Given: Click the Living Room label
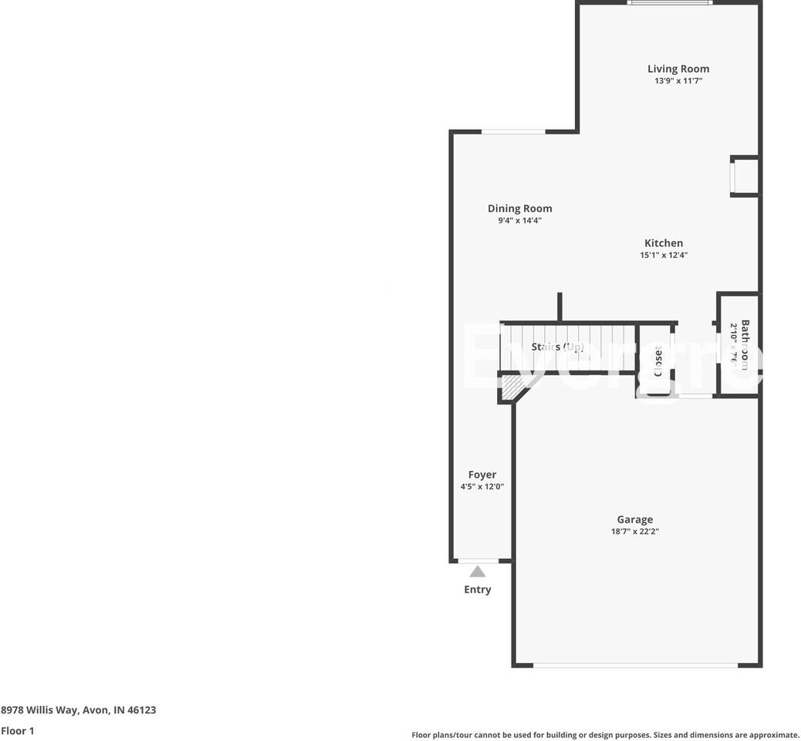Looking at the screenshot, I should coord(678,69).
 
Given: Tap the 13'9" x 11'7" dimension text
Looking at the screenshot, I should coord(678,81).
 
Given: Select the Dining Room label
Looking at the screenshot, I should coord(519,208).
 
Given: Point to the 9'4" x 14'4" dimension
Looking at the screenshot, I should coord(519,221).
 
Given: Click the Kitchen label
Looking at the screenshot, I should coord(663,243).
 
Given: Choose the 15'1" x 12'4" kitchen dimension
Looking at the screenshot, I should coord(663,255).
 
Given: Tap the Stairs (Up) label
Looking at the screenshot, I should coord(557,347).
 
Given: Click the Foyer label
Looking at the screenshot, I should coord(482,475).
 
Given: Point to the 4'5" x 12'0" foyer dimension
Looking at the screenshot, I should coord(482,487).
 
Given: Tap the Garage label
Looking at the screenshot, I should coord(634,519).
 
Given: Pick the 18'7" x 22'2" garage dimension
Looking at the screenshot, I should coord(634,532).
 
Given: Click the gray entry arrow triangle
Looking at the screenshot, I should coord(478,572).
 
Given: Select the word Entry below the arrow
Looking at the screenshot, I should coord(477,590).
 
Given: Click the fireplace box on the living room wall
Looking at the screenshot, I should coord(745,176).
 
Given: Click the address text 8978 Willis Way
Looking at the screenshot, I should coord(78,709).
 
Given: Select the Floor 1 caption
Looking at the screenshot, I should coord(18,730).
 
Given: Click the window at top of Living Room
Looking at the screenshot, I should coord(668,3).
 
